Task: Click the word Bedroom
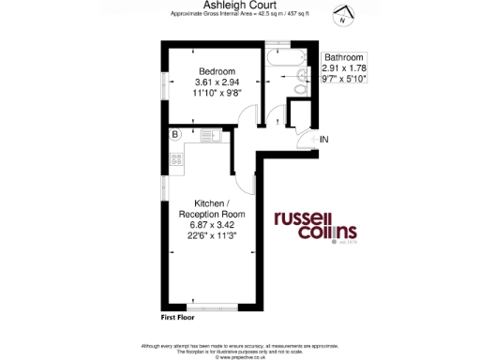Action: click(216, 71)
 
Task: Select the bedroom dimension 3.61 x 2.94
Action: click(216, 82)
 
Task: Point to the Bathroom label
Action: click(343, 57)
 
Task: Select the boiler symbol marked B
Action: click(174, 135)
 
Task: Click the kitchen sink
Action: click(206, 135)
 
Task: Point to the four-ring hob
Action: click(175, 157)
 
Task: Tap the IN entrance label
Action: click(325, 140)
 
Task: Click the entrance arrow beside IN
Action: click(313, 140)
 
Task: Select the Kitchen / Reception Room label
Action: click(213, 209)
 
